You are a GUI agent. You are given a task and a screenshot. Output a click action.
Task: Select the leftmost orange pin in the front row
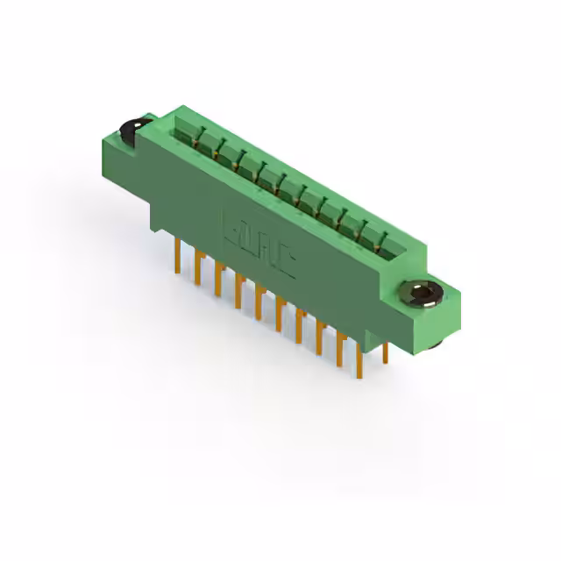pyautogui.click(x=178, y=255)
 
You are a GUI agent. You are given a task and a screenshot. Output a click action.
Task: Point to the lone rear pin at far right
pyautogui.click(x=385, y=351)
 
